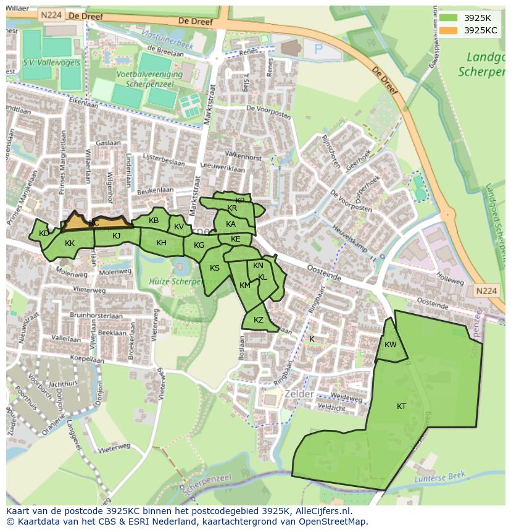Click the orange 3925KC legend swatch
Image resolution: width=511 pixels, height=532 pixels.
pyautogui.click(x=448, y=30)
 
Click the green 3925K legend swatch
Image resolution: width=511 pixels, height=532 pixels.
pyautogui.click(x=448, y=18)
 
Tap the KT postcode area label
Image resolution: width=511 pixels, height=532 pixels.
pyautogui.click(x=401, y=407)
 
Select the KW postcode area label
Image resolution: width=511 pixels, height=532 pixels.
pyautogui.click(x=390, y=345)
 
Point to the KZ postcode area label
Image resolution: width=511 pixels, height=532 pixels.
pyautogui.click(x=259, y=320)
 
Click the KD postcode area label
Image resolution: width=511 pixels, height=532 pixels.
pyautogui.click(x=44, y=234)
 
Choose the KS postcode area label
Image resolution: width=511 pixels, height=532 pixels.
pyautogui.click(x=215, y=268)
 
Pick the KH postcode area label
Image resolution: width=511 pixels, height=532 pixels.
pyautogui.click(x=161, y=243)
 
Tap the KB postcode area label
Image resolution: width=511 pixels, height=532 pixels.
pyautogui.click(x=154, y=221)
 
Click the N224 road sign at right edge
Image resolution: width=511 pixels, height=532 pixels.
pyautogui.click(x=486, y=291)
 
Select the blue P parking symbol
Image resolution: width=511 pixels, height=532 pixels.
pyautogui.click(x=318, y=49)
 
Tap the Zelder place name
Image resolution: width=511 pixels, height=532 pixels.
pyautogui.click(x=299, y=394)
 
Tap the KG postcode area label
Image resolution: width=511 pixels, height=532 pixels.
pyautogui.click(x=199, y=245)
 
